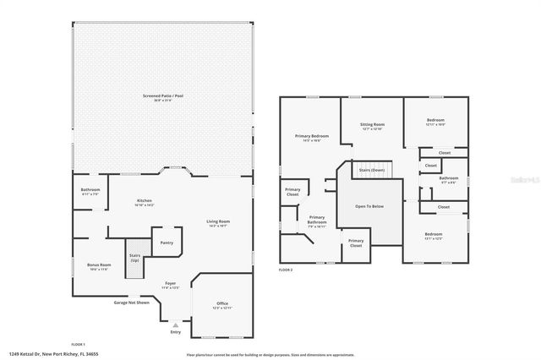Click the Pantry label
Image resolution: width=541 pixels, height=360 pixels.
pyautogui.click(x=166, y=243)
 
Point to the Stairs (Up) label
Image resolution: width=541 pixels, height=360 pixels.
pyautogui.click(x=134, y=257)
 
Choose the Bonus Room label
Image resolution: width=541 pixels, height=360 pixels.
pyautogui.click(x=99, y=266)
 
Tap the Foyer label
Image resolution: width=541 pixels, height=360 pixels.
pyautogui.click(x=170, y=286)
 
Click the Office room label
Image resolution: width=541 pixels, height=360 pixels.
pyautogui.click(x=221, y=305)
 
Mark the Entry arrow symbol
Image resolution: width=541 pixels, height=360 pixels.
pyautogui.click(x=175, y=324)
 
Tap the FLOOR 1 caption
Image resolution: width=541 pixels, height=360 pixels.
pyautogui.click(x=79, y=344)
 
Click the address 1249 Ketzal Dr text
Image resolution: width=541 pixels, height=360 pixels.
pyautogui.click(x=52, y=354)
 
